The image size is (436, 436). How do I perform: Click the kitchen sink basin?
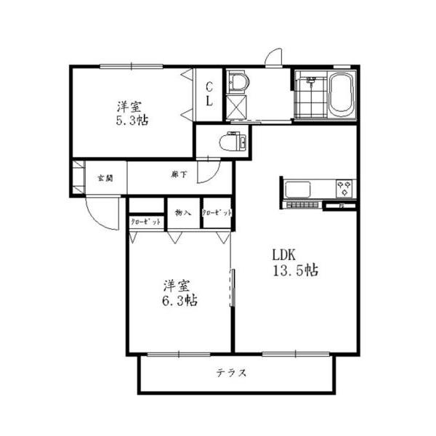tap(299, 190)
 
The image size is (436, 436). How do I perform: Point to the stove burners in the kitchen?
tap(344, 189)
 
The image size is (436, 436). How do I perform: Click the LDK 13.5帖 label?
tap(294, 263)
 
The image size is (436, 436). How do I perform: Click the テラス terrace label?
tap(231, 374)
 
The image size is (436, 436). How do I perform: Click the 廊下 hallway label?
tap(179, 174)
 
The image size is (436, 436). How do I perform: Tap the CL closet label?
tap(209, 94)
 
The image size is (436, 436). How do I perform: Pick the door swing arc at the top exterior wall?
tap(273, 57)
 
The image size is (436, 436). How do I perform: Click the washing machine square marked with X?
tap(236, 108)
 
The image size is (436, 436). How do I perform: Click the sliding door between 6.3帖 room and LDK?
tap(233, 288)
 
